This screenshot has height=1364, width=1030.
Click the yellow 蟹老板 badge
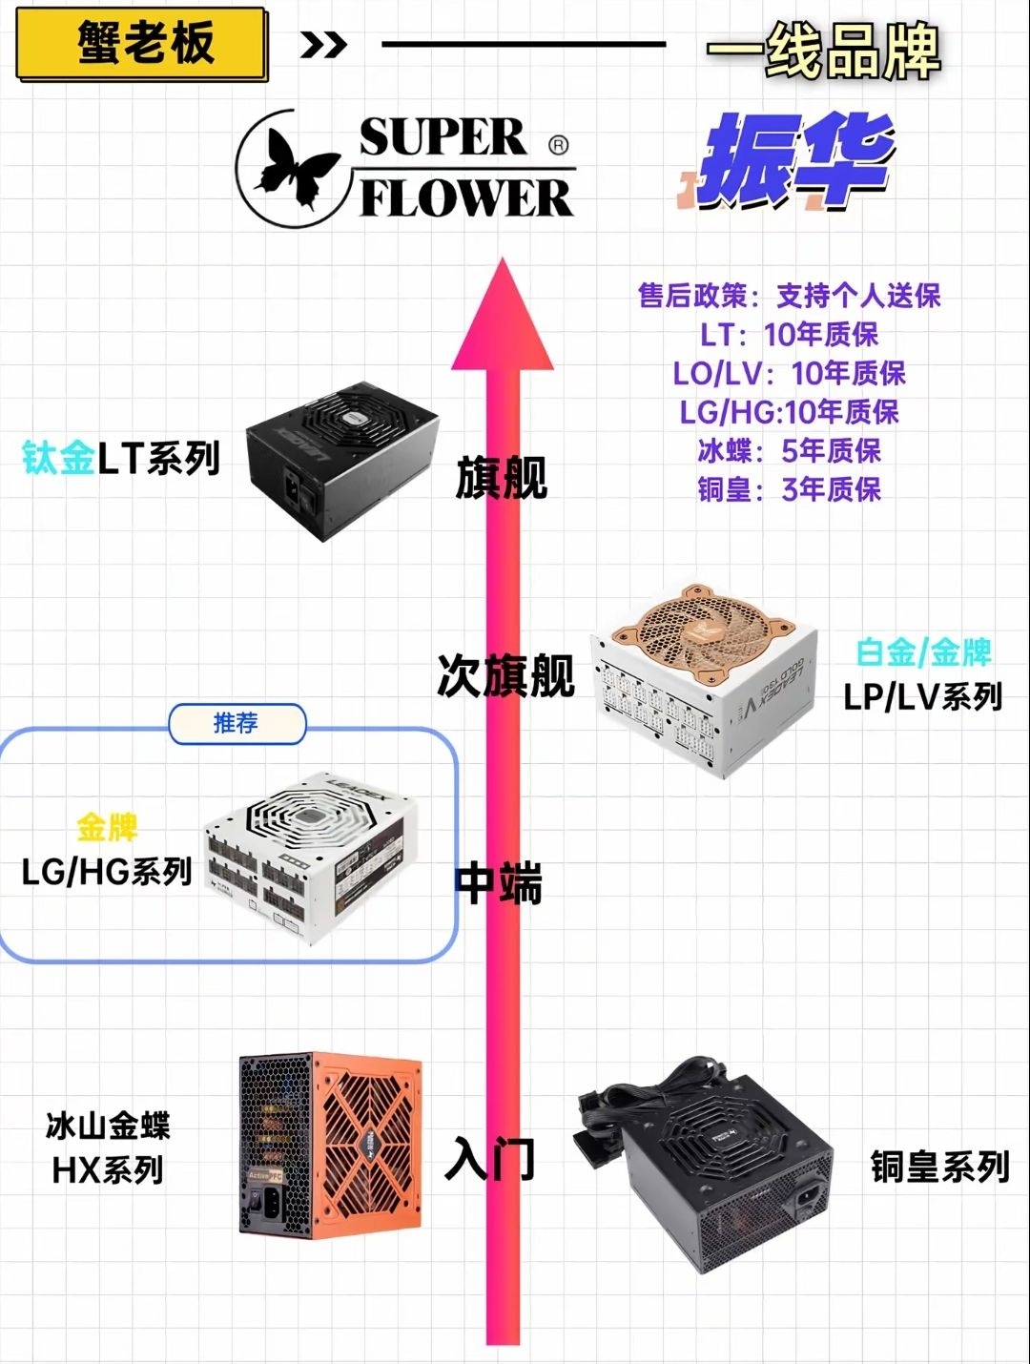[141, 44]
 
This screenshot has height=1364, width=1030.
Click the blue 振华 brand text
[795, 160]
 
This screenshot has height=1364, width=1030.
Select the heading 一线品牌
[823, 52]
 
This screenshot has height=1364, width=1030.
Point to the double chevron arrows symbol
[323, 45]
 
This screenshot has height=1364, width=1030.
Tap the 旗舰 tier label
[501, 478]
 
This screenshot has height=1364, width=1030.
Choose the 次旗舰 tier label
[505, 676]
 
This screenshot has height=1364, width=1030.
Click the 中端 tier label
[499, 882]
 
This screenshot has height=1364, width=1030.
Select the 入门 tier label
[490, 1158]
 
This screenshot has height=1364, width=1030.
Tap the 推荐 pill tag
[237, 724]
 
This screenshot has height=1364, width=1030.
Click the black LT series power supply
[340, 459]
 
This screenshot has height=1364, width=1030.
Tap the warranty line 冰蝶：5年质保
[789, 450]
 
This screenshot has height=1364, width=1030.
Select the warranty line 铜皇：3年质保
[789, 489]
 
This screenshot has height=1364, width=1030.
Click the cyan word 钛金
[58, 459]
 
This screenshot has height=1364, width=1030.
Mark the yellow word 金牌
[107, 827]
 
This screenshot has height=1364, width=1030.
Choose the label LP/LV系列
[922, 697]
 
